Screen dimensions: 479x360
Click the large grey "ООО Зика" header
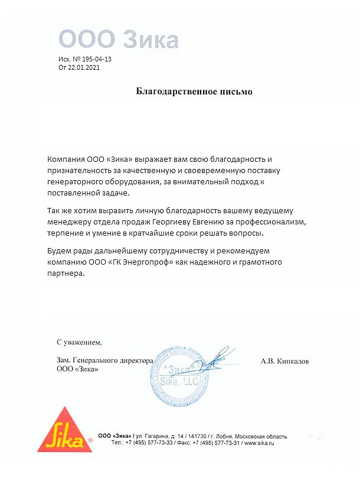119,40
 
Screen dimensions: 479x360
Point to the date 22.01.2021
83,68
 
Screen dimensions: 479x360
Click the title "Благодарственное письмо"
194,92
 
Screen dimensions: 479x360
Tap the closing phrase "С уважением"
79,342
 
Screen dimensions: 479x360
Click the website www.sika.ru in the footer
260,442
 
